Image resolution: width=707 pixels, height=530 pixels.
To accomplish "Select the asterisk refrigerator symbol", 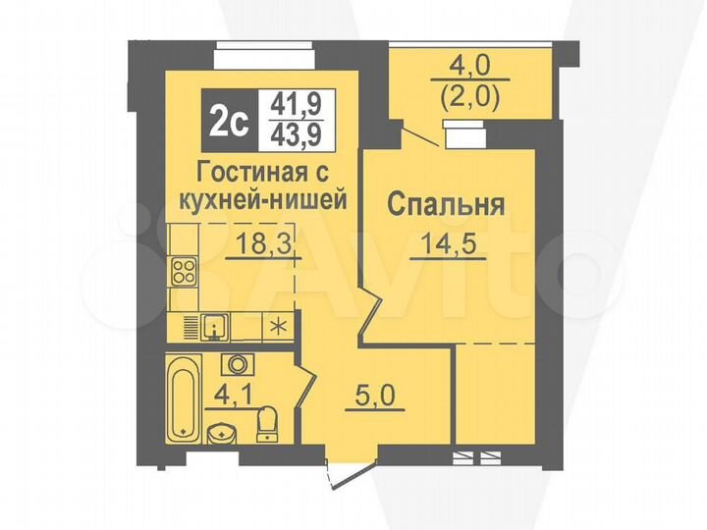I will [x=279, y=327].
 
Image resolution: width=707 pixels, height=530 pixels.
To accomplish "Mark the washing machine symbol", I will [x=239, y=365].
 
